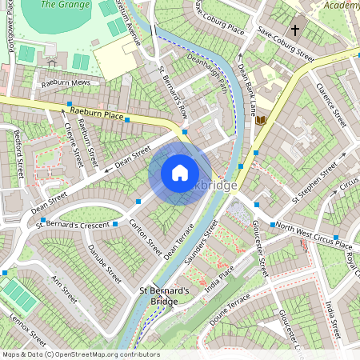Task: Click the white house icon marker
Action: pyautogui.click(x=180, y=172)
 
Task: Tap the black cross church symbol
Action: pyautogui.click(x=295, y=30)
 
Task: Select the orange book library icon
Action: pyautogui.click(x=261, y=120)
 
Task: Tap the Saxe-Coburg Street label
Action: pyautogui.click(x=286, y=46)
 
